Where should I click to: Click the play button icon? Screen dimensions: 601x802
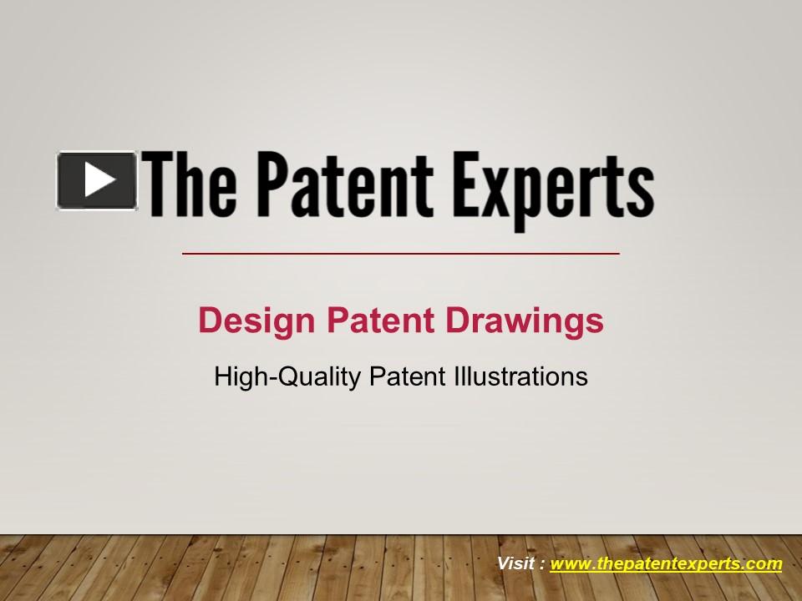[97, 179]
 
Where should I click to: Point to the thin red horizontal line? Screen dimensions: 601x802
[401, 252]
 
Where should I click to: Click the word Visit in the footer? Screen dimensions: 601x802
[516, 563]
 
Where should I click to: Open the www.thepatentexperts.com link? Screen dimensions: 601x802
[666, 564]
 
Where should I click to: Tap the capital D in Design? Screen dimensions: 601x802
[209, 321]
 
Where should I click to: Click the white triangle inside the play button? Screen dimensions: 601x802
[99, 179]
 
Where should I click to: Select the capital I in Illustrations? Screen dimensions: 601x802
[457, 376]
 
